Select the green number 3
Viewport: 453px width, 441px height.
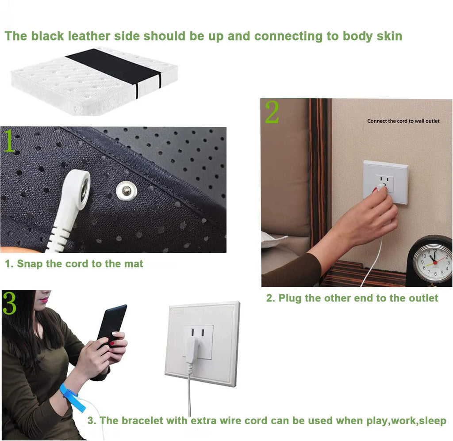10,303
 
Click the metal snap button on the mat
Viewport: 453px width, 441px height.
126,191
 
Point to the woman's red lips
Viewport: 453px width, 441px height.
44,300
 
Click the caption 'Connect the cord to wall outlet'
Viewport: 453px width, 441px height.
403,121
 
